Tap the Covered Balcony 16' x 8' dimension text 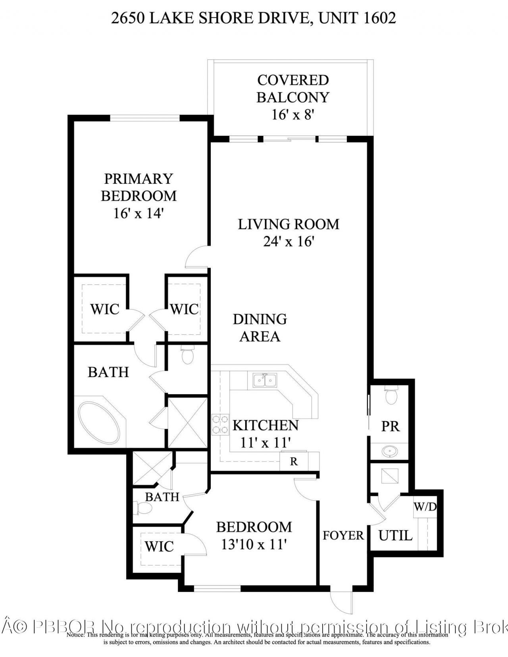tap(293, 115)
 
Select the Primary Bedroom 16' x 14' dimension tap(139, 213)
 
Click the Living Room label tap(289, 224)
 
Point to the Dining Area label tap(260, 328)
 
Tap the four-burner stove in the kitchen tap(220, 424)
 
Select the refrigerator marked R tap(294, 462)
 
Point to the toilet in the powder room tap(391, 396)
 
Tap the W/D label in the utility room tap(425, 507)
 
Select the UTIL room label tap(395, 536)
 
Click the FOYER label tap(343, 536)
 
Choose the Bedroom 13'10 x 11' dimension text tap(254, 544)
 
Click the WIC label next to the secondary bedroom tap(159, 546)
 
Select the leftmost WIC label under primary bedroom tap(105, 309)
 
